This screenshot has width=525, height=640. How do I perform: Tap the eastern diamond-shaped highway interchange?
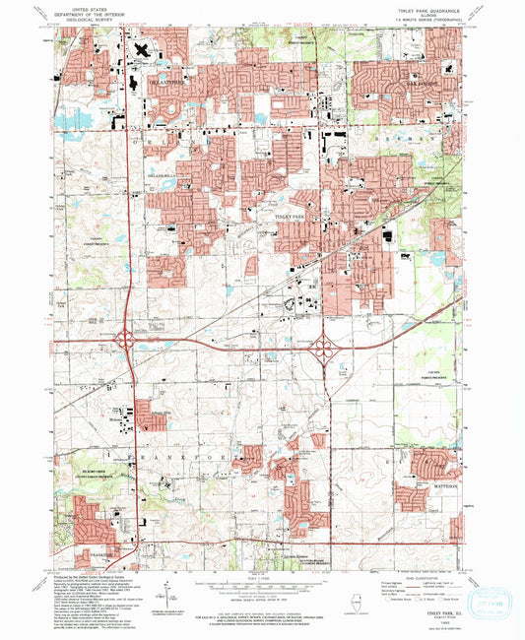point(324,348)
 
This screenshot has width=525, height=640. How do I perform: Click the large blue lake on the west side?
point(75,121)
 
